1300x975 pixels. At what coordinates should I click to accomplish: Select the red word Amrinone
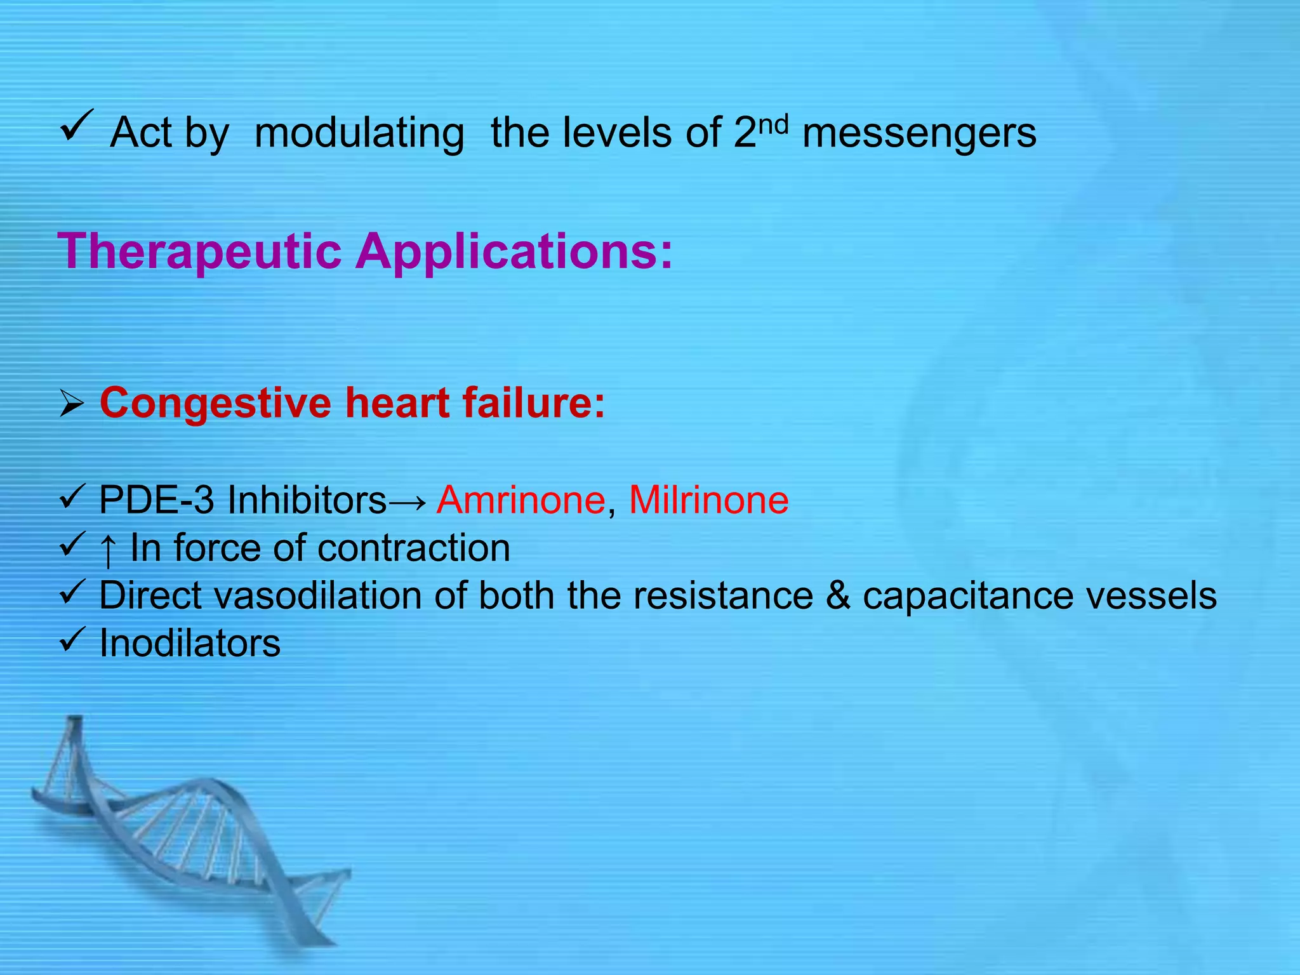point(521,500)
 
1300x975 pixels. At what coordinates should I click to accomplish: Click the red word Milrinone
point(708,500)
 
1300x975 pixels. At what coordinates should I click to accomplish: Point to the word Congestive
point(215,403)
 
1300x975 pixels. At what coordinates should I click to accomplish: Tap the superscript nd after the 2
point(773,124)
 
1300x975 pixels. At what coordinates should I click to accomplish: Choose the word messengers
point(919,133)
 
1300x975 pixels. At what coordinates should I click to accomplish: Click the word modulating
point(359,133)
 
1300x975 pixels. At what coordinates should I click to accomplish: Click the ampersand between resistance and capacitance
point(838,596)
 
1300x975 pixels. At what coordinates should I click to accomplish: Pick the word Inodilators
point(190,644)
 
